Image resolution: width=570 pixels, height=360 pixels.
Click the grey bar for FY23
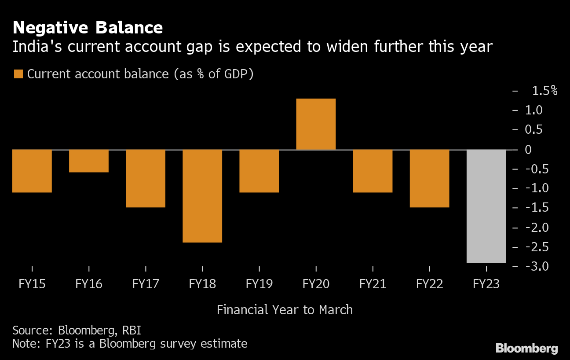pos(486,206)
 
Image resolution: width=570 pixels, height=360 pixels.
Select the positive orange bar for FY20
pos(316,124)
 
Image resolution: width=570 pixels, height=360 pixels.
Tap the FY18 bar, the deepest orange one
pos(202,196)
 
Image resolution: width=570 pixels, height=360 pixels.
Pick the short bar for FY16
pos(89,161)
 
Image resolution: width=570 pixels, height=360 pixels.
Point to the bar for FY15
pos(32,171)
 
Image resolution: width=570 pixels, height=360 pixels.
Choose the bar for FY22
pos(429,178)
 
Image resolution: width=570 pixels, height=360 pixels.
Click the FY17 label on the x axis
pos(146,284)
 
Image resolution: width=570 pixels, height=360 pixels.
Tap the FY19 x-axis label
pos(259,284)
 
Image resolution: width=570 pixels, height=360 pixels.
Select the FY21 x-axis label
pos(373,284)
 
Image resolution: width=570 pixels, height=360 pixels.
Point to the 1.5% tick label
pos(544,91)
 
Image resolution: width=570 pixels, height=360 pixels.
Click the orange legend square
pos(18,74)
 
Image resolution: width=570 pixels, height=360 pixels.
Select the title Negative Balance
pos(88,28)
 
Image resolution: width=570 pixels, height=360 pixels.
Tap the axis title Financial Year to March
pos(285,310)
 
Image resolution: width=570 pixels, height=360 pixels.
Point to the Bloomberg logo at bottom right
pos(526,349)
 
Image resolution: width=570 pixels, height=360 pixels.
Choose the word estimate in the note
pos(225,343)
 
